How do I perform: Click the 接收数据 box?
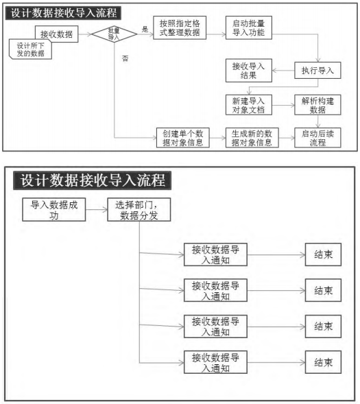click(x=57, y=34)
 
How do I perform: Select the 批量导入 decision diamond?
click(x=114, y=34)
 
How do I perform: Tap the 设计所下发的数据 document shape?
click(x=30, y=49)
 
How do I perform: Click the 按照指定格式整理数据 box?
click(x=180, y=28)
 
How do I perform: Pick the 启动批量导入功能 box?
click(x=249, y=28)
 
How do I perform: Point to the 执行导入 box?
click(x=317, y=71)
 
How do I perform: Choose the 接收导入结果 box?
click(x=249, y=71)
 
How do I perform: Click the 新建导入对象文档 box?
click(x=249, y=105)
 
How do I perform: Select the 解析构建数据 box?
click(x=317, y=105)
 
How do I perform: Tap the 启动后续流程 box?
click(x=317, y=138)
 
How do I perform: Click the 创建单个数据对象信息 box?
click(x=183, y=138)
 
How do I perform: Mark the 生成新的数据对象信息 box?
click(x=252, y=138)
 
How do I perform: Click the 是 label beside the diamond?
click(x=145, y=29)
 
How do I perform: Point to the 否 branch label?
click(x=125, y=58)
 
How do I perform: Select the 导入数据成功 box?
click(x=53, y=209)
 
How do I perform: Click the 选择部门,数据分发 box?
click(x=139, y=209)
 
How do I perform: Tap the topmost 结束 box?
click(x=323, y=254)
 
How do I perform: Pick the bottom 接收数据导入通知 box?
click(x=215, y=362)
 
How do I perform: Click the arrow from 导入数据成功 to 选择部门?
click(x=97, y=210)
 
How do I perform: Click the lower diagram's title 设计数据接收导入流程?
click(x=93, y=180)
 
